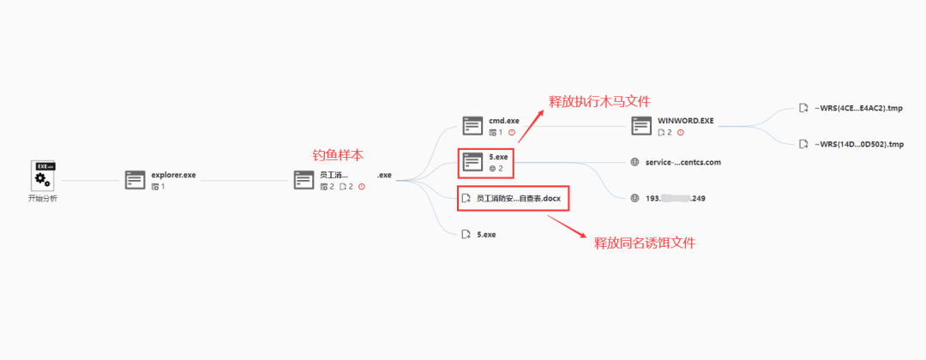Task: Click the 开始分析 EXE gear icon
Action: click(x=40, y=175)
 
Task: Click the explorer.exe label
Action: click(x=173, y=175)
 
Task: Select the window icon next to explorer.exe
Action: click(x=135, y=180)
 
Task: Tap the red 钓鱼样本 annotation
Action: click(x=337, y=154)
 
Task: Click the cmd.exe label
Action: click(x=504, y=121)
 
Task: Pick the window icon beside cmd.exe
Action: click(x=472, y=126)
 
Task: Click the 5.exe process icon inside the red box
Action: click(x=472, y=161)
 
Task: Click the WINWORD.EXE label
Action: click(x=686, y=121)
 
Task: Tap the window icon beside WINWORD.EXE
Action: click(x=642, y=126)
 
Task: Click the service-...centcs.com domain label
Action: click(x=683, y=161)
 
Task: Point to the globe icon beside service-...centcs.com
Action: click(x=634, y=161)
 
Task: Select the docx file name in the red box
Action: click(x=518, y=198)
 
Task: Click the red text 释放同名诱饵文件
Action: click(x=644, y=243)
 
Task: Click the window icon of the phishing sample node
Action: click(x=304, y=180)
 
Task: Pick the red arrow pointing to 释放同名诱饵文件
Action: click(x=567, y=226)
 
